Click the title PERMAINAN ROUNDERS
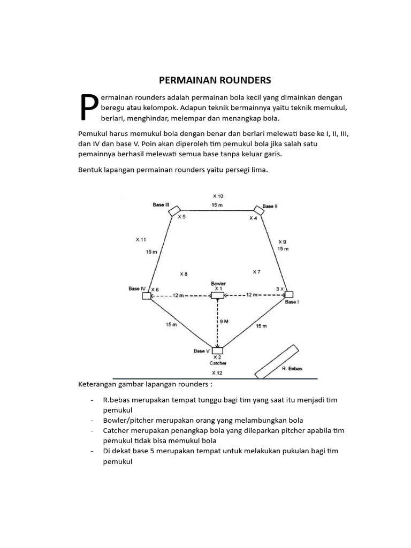click(215, 80)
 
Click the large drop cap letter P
click(88, 108)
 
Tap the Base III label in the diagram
click(161, 205)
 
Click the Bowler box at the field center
click(217, 295)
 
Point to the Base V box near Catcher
click(217, 351)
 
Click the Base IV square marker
click(146, 296)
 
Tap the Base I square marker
click(289, 294)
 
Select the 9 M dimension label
click(224, 321)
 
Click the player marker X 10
click(218, 196)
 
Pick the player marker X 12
click(217, 372)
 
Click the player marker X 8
click(183, 274)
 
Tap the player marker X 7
click(256, 272)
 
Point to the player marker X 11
click(141, 240)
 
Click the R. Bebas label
click(292, 369)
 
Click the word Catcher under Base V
click(218, 363)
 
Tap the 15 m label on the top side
click(217, 205)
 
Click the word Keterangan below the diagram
click(100, 384)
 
